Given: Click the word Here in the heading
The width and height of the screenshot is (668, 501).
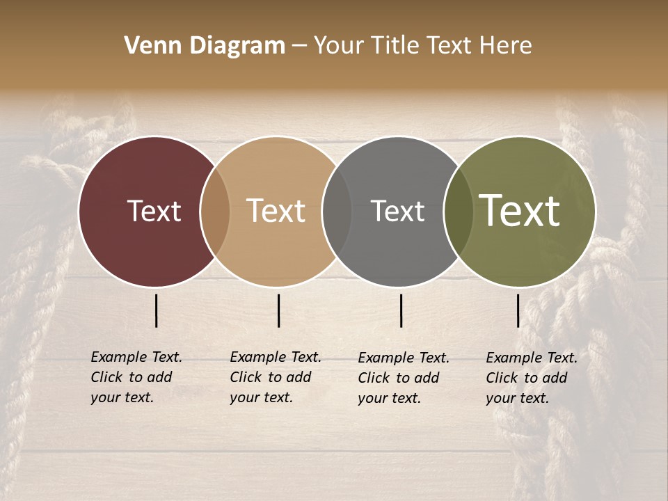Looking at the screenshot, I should click(507, 46).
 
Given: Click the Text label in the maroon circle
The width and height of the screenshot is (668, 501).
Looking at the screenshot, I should click(154, 212).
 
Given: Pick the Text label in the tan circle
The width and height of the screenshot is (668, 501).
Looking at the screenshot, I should click(276, 212).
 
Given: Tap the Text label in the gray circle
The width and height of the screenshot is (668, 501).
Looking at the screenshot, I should click(397, 212).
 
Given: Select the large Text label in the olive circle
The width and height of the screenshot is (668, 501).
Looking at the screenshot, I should click(519, 211).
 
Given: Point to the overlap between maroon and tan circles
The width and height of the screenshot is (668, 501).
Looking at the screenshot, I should click(215, 212).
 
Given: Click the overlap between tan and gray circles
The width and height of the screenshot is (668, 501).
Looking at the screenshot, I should click(337, 212).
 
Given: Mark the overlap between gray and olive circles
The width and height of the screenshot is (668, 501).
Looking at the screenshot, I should click(459, 212).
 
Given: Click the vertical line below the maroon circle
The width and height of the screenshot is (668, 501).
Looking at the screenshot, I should click(157, 310).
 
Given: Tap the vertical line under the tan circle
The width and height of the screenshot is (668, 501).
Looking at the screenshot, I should click(278, 310).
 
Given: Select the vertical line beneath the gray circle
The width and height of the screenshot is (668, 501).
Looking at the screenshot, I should click(401, 310).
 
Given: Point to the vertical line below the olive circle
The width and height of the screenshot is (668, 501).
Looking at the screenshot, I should click(518, 310).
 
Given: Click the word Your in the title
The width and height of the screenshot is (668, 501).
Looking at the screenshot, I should click(339, 46).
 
